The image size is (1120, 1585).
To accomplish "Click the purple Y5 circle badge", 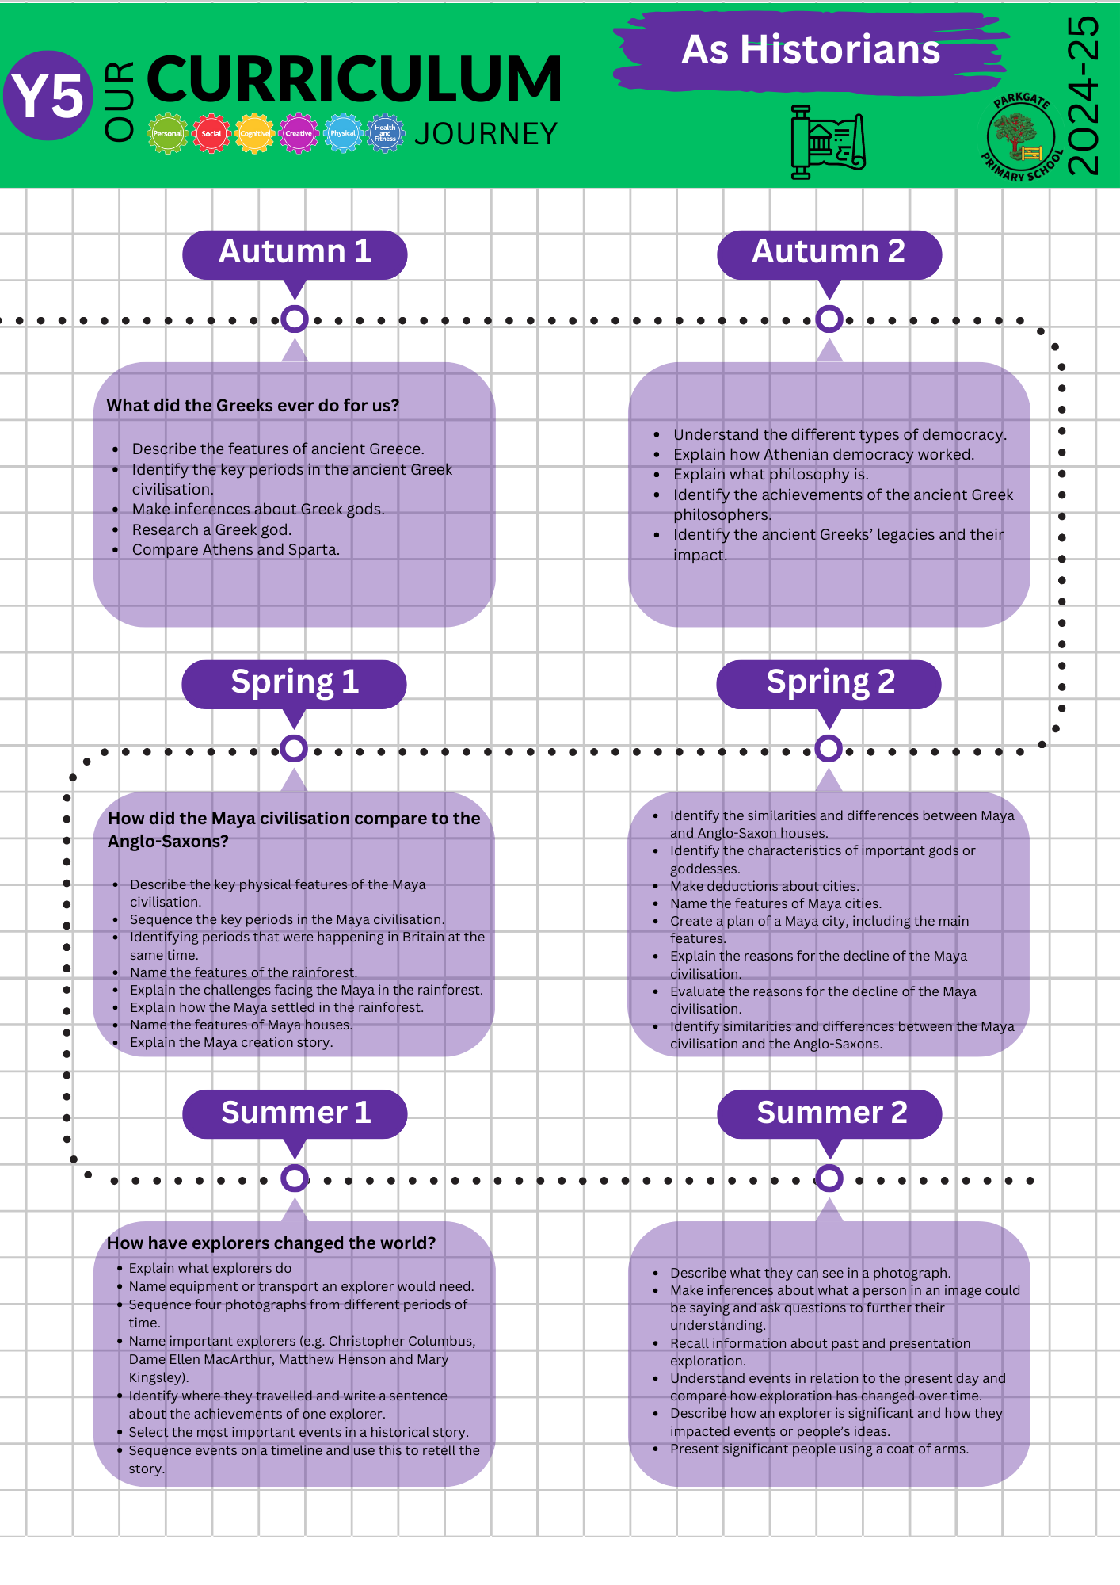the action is pyautogui.click(x=48, y=96).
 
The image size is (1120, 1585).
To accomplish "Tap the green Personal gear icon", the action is pyautogui.click(x=167, y=133).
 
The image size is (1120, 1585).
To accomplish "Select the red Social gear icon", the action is pyautogui.click(x=211, y=133).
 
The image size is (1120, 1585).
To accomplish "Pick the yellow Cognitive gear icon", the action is pyautogui.click(x=254, y=133).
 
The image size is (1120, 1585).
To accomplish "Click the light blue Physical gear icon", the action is pyautogui.click(x=342, y=133).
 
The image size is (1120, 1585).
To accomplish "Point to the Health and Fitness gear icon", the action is pyautogui.click(x=385, y=133).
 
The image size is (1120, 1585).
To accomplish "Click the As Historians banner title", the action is pyautogui.click(x=810, y=50).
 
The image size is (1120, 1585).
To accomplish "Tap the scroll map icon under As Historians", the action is pyautogui.click(x=828, y=143).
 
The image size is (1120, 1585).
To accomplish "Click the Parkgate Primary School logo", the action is pyautogui.click(x=1021, y=137).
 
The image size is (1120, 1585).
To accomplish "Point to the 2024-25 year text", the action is pyautogui.click(x=1083, y=96).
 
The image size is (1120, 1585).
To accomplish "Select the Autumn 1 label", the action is pyautogui.click(x=295, y=252).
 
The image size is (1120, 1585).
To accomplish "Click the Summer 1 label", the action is pyautogui.click(x=295, y=1113).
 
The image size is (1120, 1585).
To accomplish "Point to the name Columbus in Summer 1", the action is pyautogui.click(x=439, y=1341).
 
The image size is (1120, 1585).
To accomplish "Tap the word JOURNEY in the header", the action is pyautogui.click(x=486, y=134).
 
